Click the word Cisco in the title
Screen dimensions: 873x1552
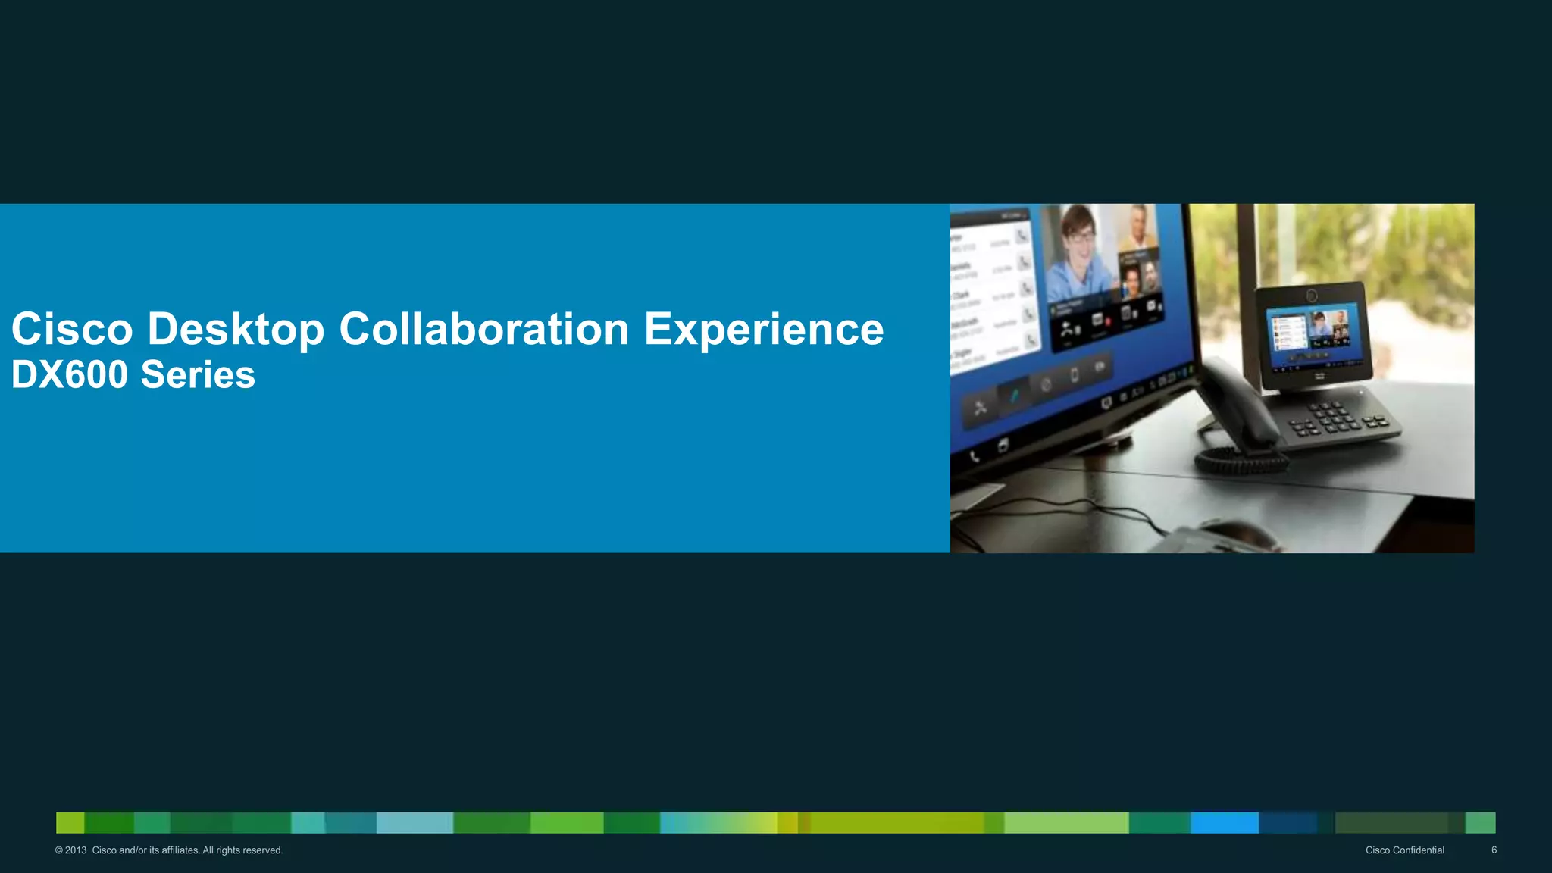point(72,330)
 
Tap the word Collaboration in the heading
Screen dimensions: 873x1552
point(484,330)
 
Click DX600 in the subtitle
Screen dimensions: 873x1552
point(70,375)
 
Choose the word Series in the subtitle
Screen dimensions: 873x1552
point(198,375)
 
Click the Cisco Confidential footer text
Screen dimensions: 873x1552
point(1404,850)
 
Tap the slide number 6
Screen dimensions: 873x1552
point(1494,850)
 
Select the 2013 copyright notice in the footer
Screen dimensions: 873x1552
point(169,850)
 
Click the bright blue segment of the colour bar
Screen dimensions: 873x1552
point(1224,823)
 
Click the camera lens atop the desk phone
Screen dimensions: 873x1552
point(1312,296)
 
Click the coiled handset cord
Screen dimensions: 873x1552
point(1239,459)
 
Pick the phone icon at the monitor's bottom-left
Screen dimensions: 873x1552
point(975,456)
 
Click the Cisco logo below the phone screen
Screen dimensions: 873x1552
point(1319,377)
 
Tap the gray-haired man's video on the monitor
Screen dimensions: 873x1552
point(1137,227)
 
